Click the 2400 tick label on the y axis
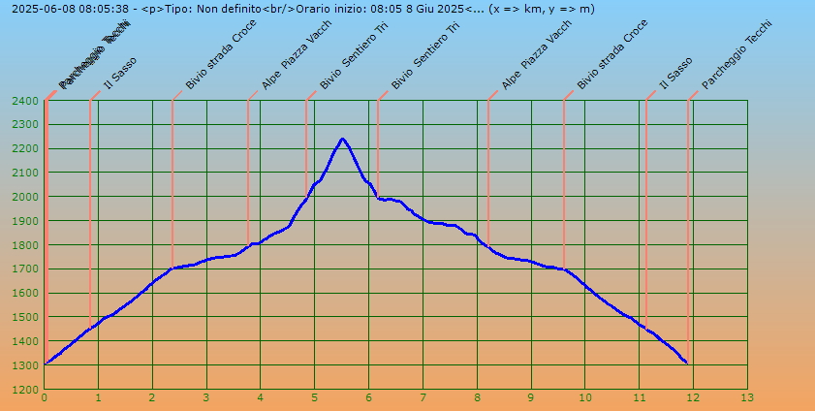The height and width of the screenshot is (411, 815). point(26,101)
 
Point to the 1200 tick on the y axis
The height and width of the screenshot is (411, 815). point(26,389)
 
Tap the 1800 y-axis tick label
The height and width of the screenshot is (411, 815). point(26,244)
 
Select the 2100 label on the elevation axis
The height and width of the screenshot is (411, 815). point(26,173)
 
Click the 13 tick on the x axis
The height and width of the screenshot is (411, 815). point(746,397)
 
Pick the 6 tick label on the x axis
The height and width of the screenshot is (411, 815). point(368,397)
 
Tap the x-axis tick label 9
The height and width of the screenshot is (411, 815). point(530,397)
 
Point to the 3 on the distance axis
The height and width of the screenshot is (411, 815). point(206,397)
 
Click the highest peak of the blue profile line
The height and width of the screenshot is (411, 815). point(342,139)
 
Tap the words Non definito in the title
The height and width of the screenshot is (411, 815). point(230,9)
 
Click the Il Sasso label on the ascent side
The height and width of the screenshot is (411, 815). point(120,74)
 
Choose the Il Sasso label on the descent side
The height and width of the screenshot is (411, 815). point(675,74)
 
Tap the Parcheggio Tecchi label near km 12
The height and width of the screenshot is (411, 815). point(737,55)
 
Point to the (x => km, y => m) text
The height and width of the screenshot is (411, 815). point(542,9)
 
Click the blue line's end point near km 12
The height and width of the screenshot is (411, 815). point(686,363)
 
